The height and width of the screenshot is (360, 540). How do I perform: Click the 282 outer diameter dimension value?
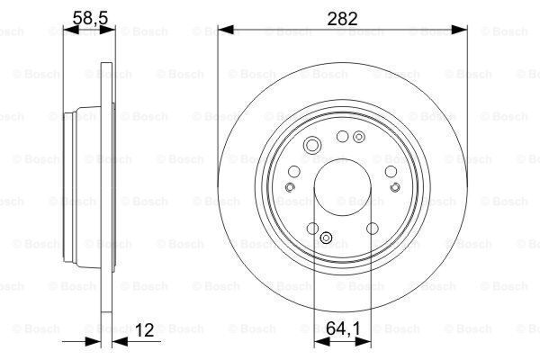[342, 19]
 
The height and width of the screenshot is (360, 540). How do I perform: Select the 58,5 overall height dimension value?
[91, 18]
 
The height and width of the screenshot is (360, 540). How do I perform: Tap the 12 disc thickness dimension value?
[144, 330]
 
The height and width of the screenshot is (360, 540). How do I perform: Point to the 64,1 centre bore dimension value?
[343, 328]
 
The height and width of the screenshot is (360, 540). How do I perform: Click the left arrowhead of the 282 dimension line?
[226, 30]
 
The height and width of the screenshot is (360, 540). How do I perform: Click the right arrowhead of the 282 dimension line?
[459, 30]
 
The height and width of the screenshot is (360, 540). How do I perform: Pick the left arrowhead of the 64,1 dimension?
[322, 341]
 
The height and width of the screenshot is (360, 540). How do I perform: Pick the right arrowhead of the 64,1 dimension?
[364, 341]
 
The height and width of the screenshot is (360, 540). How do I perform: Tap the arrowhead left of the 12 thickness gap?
[93, 342]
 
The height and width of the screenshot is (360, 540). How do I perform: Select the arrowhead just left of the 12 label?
[121, 342]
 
